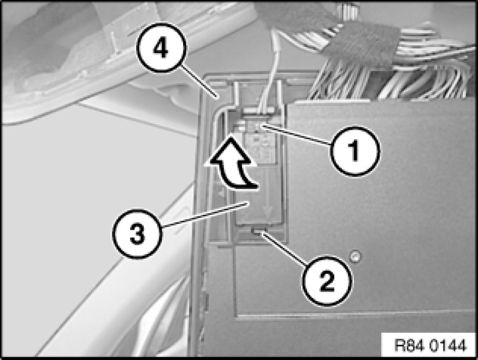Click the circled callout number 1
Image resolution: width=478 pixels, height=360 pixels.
coord(355,151)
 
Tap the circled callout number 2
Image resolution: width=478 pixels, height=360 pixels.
coord(327,280)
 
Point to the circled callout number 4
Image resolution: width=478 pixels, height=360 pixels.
coord(161,48)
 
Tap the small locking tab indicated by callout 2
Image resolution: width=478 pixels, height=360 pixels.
coord(258,232)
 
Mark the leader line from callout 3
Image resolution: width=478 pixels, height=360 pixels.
coord(205,215)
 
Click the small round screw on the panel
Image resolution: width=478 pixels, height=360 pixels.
coord(354,256)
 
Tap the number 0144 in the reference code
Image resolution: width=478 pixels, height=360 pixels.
coord(448,346)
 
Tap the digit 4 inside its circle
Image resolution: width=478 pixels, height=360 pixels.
coord(161,48)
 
